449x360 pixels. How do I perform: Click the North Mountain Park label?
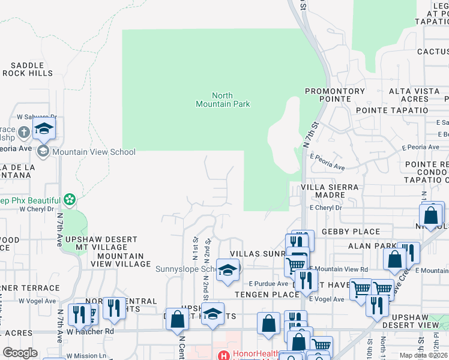[x=222, y=100]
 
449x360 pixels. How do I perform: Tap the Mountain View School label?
[x=94, y=152]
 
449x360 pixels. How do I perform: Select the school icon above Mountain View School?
[x=44, y=128]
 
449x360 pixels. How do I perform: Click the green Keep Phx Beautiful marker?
[x=70, y=199]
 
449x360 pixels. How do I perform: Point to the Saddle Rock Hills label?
[x=28, y=69]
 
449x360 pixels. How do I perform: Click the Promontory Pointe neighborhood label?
[x=334, y=95]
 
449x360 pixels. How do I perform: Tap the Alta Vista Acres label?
[x=409, y=95]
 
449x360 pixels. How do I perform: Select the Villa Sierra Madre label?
[x=330, y=191]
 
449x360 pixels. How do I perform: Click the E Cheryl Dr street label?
[x=325, y=208]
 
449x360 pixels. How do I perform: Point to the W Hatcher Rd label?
[x=90, y=331]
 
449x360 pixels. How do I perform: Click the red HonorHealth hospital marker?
[x=223, y=355]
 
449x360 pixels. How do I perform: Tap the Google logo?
[x=20, y=353]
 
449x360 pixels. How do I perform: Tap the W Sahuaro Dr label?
[x=36, y=117]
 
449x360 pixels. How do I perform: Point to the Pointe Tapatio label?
[x=392, y=110]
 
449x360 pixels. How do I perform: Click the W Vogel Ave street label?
[x=37, y=301]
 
